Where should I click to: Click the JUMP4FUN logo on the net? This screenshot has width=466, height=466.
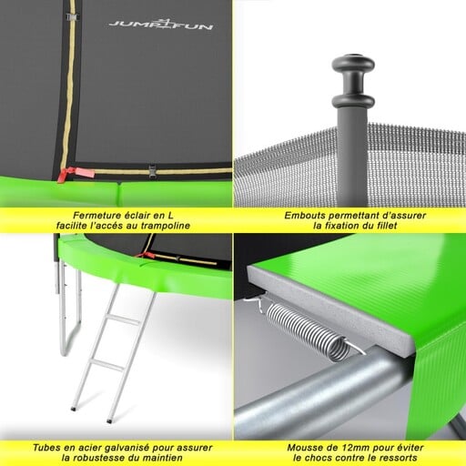(161, 25)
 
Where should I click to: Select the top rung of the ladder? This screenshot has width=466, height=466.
(124, 319)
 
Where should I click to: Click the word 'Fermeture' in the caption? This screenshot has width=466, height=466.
(96, 216)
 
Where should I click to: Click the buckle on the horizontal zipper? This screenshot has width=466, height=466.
(152, 170)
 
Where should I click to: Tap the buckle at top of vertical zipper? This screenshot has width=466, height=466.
(72, 17)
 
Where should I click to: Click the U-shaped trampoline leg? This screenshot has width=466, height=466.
(68, 309)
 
